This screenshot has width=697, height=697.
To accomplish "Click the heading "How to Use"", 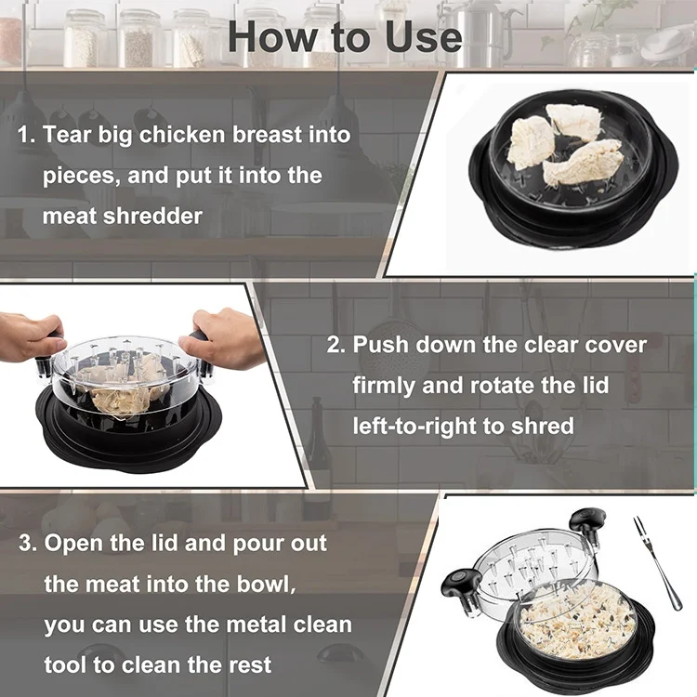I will (x=345, y=36).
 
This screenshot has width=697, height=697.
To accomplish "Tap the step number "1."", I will (x=27, y=135).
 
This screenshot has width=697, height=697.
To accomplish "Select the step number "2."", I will (x=335, y=345).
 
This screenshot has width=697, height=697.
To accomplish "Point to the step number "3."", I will (x=28, y=542).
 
